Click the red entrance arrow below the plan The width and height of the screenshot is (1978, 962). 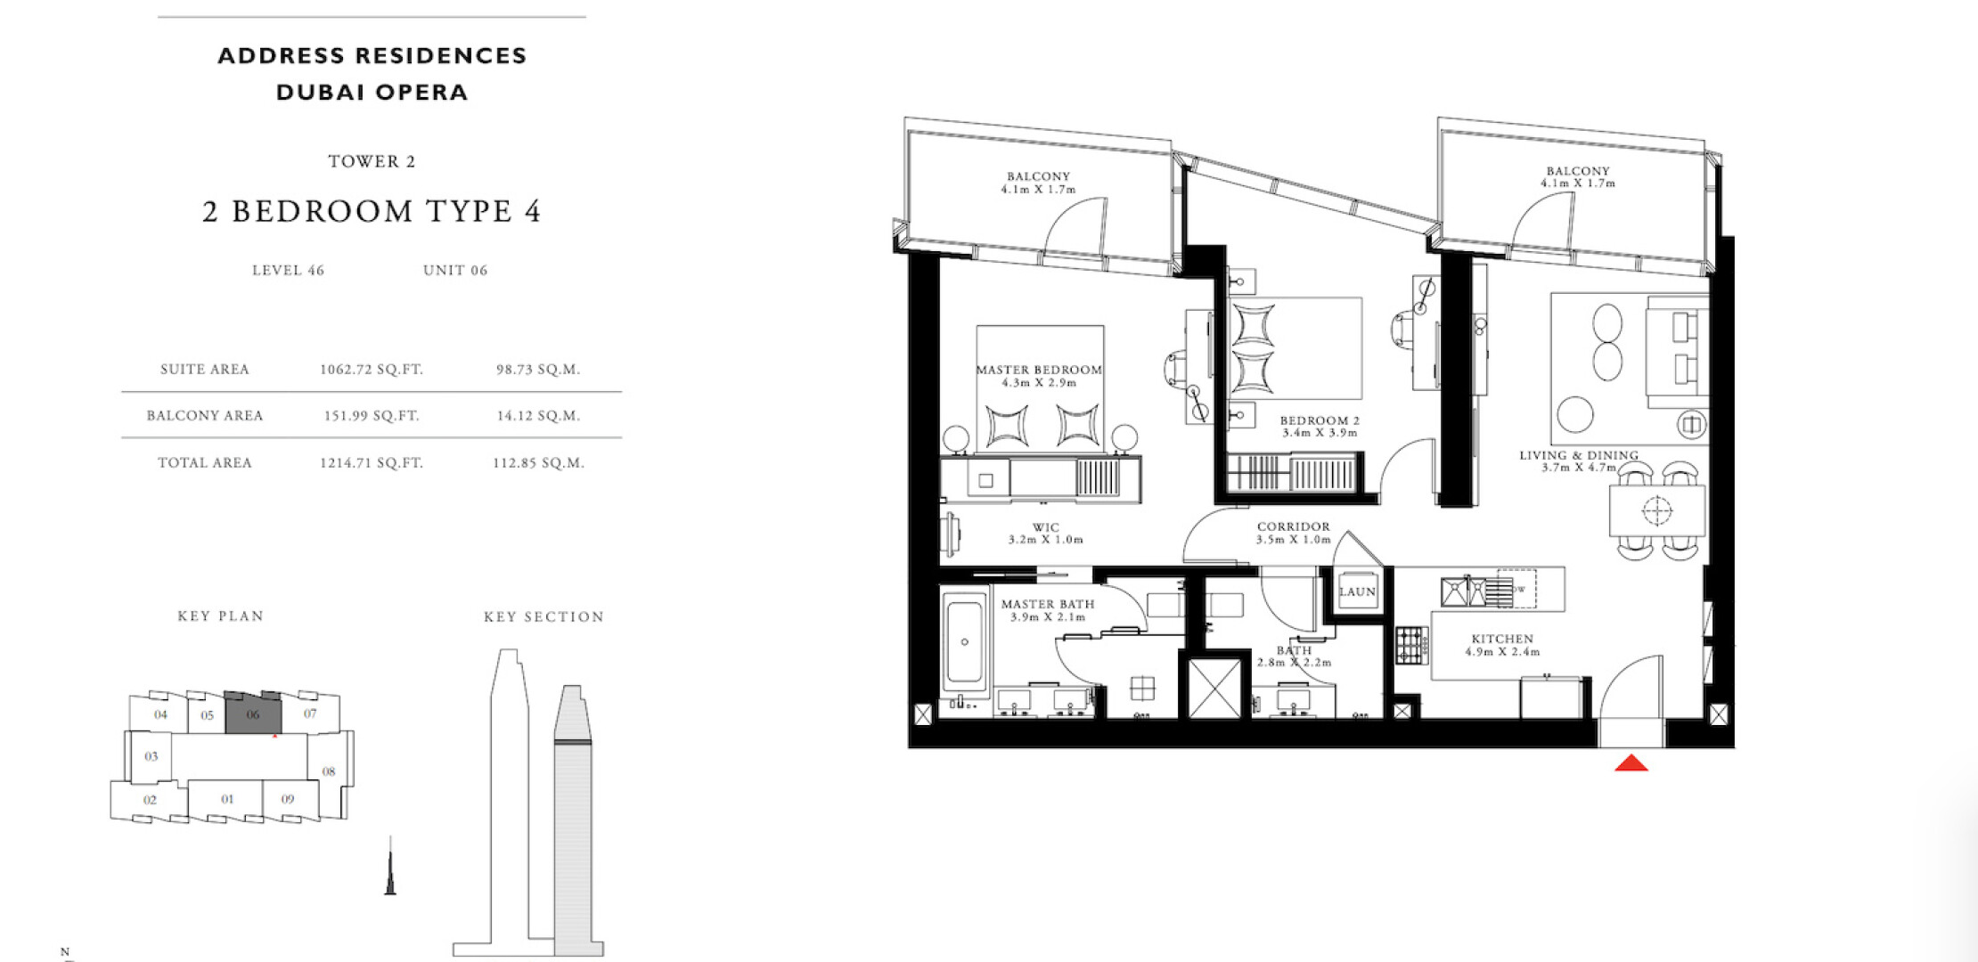1631,762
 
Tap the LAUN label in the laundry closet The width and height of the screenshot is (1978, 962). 1357,591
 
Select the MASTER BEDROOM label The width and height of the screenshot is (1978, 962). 1039,370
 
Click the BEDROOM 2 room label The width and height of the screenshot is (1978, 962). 1320,420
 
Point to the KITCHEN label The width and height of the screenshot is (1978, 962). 1502,639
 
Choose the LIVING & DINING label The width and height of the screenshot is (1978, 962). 1579,455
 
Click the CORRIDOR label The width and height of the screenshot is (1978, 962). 1293,526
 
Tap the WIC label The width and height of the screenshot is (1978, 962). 1046,527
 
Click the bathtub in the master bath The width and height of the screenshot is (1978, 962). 965,640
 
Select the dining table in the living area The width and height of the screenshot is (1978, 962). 1657,510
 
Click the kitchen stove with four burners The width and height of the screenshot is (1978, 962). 1411,645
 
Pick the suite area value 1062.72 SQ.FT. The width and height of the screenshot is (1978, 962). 372,370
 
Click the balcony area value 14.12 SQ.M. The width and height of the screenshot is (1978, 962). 538,416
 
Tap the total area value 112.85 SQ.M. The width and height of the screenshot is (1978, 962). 538,463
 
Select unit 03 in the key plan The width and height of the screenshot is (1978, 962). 151,757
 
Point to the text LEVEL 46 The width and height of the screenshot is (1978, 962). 288,271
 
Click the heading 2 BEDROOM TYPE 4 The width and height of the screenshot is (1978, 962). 372,211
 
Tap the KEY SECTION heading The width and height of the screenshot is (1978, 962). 544,616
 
